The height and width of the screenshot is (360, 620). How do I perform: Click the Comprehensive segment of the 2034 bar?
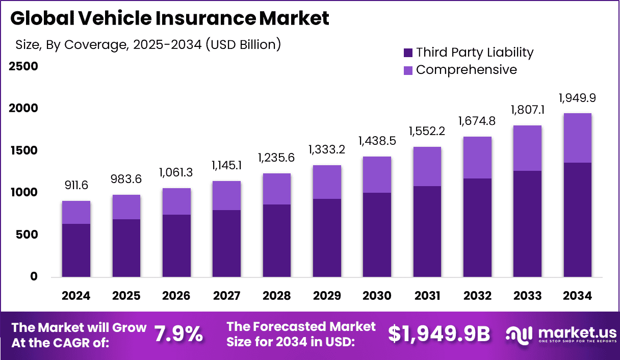577,138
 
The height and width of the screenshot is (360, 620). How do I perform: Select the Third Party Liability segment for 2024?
76,250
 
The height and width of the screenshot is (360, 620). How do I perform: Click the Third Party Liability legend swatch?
408,53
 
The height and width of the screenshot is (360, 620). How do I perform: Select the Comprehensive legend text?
466,70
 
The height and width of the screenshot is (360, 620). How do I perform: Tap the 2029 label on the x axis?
327,296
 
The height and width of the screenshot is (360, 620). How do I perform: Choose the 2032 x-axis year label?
477,296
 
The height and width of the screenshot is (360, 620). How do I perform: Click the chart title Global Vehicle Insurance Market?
170,18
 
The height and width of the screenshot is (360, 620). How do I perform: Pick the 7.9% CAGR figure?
178,335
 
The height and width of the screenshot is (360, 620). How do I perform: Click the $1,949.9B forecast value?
439,335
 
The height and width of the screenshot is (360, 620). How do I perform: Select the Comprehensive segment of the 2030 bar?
377,175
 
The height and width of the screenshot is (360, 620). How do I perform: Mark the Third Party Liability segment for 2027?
226,244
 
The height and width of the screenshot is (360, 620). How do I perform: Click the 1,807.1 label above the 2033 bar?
527,110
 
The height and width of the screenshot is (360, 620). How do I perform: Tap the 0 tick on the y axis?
34,277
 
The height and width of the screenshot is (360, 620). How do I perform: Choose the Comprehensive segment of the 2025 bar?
126,207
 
